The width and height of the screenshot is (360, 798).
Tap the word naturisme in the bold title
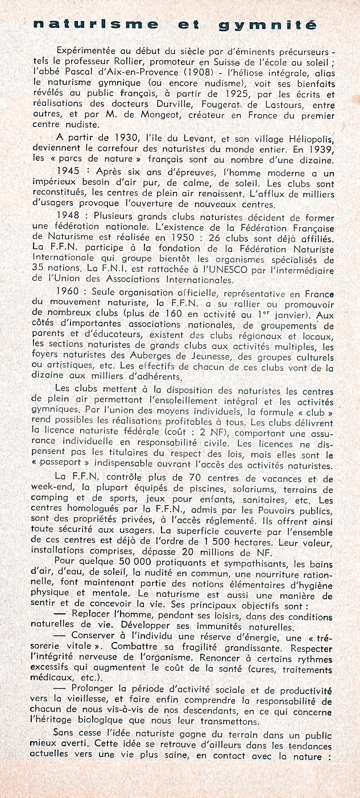coord(96,24)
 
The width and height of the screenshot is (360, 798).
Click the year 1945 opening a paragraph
coord(70,171)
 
